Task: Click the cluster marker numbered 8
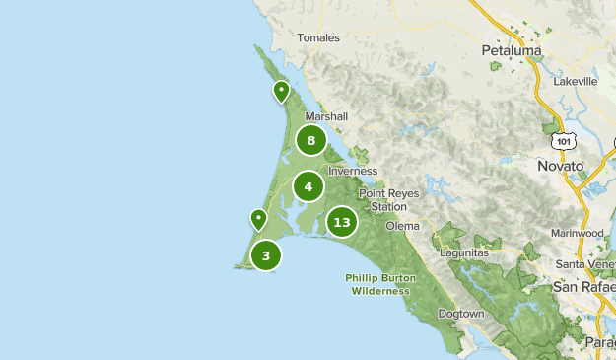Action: [x=311, y=140]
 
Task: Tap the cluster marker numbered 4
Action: [x=308, y=185]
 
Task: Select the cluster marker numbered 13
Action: [x=342, y=222]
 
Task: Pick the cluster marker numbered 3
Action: [x=265, y=255]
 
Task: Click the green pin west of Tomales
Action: [x=281, y=92]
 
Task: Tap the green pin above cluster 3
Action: [x=258, y=219]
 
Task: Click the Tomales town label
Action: [x=318, y=38]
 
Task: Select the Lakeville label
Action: [x=576, y=82]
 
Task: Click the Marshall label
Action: [x=326, y=116]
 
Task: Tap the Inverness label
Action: [x=353, y=171]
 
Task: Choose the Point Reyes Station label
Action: [x=382, y=200]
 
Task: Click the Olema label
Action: [x=402, y=226]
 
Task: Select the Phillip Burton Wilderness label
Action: [x=381, y=285]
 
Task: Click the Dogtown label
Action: [x=460, y=314]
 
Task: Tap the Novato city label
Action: [x=560, y=166]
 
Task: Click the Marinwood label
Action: [x=578, y=234]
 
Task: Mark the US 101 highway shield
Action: [x=563, y=141]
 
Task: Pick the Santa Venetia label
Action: [x=585, y=264]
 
